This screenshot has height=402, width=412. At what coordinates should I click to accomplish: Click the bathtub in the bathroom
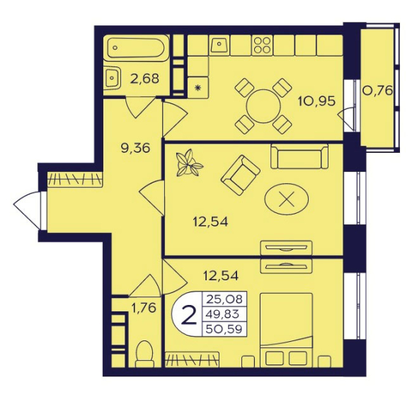pyautogui.click(x=136, y=48)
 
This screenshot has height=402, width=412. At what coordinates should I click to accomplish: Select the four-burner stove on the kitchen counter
pyautogui.click(x=262, y=45)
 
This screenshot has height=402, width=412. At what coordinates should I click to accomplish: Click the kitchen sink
pyautogui.click(x=219, y=45)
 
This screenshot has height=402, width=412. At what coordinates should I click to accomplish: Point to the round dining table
pyautogui.click(x=263, y=106)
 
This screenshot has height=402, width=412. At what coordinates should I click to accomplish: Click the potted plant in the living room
pyautogui.click(x=189, y=163)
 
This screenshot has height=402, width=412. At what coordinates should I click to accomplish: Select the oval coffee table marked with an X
pyautogui.click(x=287, y=199)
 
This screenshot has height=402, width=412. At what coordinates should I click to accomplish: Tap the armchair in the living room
pyautogui.click(x=240, y=175)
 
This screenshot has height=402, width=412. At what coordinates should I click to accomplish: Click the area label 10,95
pyautogui.click(x=316, y=100)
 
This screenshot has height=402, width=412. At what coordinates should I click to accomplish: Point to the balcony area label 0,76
pyautogui.click(x=377, y=91)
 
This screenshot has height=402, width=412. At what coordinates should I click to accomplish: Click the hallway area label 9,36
pyautogui.click(x=135, y=148)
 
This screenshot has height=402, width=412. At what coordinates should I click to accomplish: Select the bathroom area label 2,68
pyautogui.click(x=144, y=79)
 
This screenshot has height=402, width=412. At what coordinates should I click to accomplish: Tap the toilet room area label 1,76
pyautogui.click(x=144, y=308)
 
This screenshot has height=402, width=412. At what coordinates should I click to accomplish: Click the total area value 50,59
pyautogui.click(x=224, y=328)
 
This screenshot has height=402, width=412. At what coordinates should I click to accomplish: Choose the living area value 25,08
pyautogui.click(x=224, y=299)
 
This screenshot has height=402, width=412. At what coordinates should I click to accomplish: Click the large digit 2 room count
pyautogui.click(x=189, y=315)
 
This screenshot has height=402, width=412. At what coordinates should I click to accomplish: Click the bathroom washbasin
pyautogui.click(x=112, y=78)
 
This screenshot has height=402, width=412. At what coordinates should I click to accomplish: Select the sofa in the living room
pyautogui.click(x=299, y=156)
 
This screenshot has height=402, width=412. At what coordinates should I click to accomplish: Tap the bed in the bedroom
pyautogui.click(x=287, y=330)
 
